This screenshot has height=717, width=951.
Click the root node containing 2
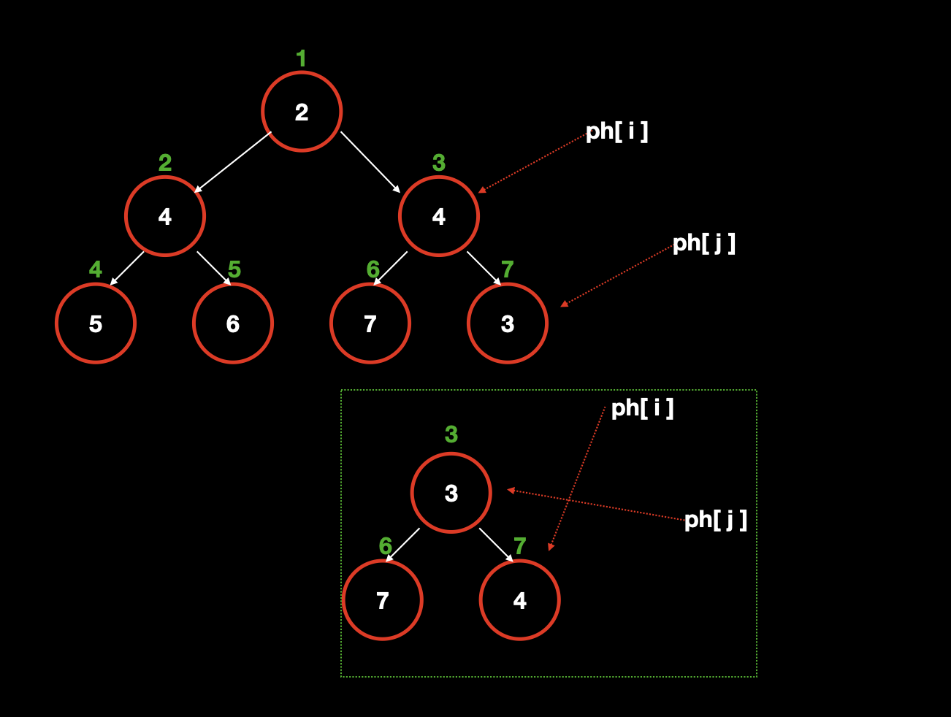pyautogui.click(x=302, y=112)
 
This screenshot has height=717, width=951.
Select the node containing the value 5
pyautogui.click(x=96, y=323)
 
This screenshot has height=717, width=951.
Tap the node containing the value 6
pyautogui.click(x=233, y=323)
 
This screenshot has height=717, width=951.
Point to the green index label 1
pyautogui.click(x=301, y=58)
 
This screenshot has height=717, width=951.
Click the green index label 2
pyautogui.click(x=165, y=163)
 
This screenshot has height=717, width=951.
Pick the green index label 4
pyautogui.click(x=96, y=269)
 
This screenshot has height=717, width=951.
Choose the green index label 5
pyautogui.click(x=234, y=269)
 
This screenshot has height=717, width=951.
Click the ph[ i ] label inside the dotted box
pyautogui.click(x=642, y=407)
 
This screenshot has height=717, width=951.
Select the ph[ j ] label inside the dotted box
pyautogui.click(x=715, y=520)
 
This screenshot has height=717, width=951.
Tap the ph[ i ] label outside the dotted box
pyautogui.click(x=616, y=131)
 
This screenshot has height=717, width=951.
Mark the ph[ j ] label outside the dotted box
pyautogui.click(x=703, y=243)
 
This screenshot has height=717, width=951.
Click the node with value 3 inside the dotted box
pyautogui.click(x=451, y=494)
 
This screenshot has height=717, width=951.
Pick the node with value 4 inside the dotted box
pyautogui.click(x=520, y=600)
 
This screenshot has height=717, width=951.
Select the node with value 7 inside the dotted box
pyautogui.click(x=383, y=600)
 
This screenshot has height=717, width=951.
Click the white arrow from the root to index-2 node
pyautogui.click(x=232, y=162)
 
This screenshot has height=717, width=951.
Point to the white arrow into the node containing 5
pyautogui.click(x=127, y=269)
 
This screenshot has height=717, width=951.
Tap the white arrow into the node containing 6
pyautogui.click(x=214, y=269)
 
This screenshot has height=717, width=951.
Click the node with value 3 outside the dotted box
pyautogui.click(x=508, y=323)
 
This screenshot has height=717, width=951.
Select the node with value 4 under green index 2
pyautogui.click(x=165, y=216)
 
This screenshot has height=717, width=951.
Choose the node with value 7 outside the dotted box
pyautogui.click(x=370, y=323)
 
